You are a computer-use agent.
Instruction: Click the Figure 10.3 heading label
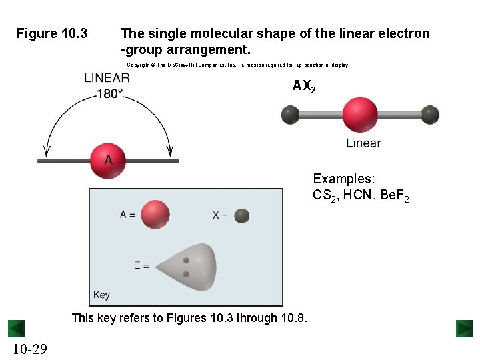[x=51, y=33]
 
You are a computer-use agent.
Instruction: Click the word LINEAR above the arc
[x=107, y=78]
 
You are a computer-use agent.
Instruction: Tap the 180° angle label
[x=110, y=93]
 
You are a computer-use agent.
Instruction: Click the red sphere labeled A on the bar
[x=107, y=160]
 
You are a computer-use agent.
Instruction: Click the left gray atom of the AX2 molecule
[x=290, y=115]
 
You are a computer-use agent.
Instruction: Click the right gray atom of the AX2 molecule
[x=431, y=115]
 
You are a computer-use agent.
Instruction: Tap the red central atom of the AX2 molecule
[x=360, y=115]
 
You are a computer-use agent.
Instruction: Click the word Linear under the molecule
[x=363, y=143]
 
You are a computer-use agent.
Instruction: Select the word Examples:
[x=344, y=179]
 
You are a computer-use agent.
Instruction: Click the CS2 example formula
[x=324, y=195]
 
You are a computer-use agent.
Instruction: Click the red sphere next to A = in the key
[x=155, y=215]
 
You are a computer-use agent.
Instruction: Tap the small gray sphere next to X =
[x=241, y=215]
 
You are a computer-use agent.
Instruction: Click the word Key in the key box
[x=101, y=295]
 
